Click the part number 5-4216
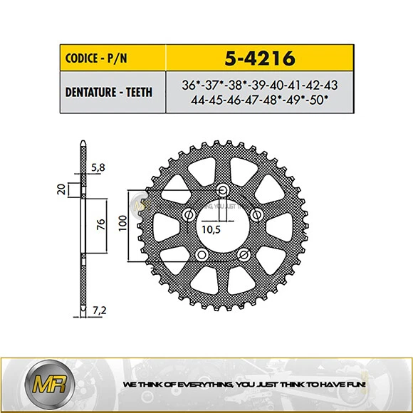coord(259,57)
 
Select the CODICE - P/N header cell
coord(112,57)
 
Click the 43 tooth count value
coord(330,85)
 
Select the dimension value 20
coord(62,189)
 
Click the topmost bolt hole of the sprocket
coord(224,190)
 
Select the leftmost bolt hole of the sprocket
coord(189,215)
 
